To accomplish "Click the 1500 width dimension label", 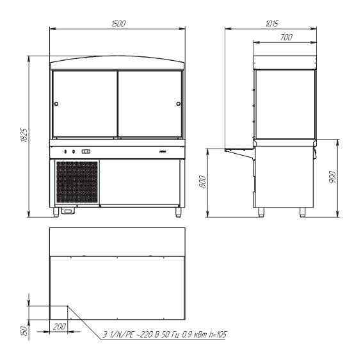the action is (x=118, y=24).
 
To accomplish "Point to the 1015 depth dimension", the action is (x=273, y=24).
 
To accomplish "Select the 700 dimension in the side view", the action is (x=286, y=37).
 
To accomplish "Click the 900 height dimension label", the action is (x=333, y=177).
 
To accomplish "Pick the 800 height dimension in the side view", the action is (x=203, y=182).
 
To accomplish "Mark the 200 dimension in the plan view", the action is (x=60, y=327).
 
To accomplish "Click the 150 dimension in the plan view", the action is (x=25, y=330).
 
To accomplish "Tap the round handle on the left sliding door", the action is (x=56, y=104).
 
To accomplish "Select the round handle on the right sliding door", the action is (x=179, y=104).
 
